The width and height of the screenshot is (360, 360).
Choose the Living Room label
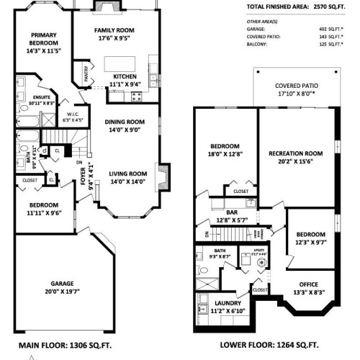click(127, 173)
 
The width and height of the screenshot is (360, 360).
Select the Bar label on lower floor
click(232, 212)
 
